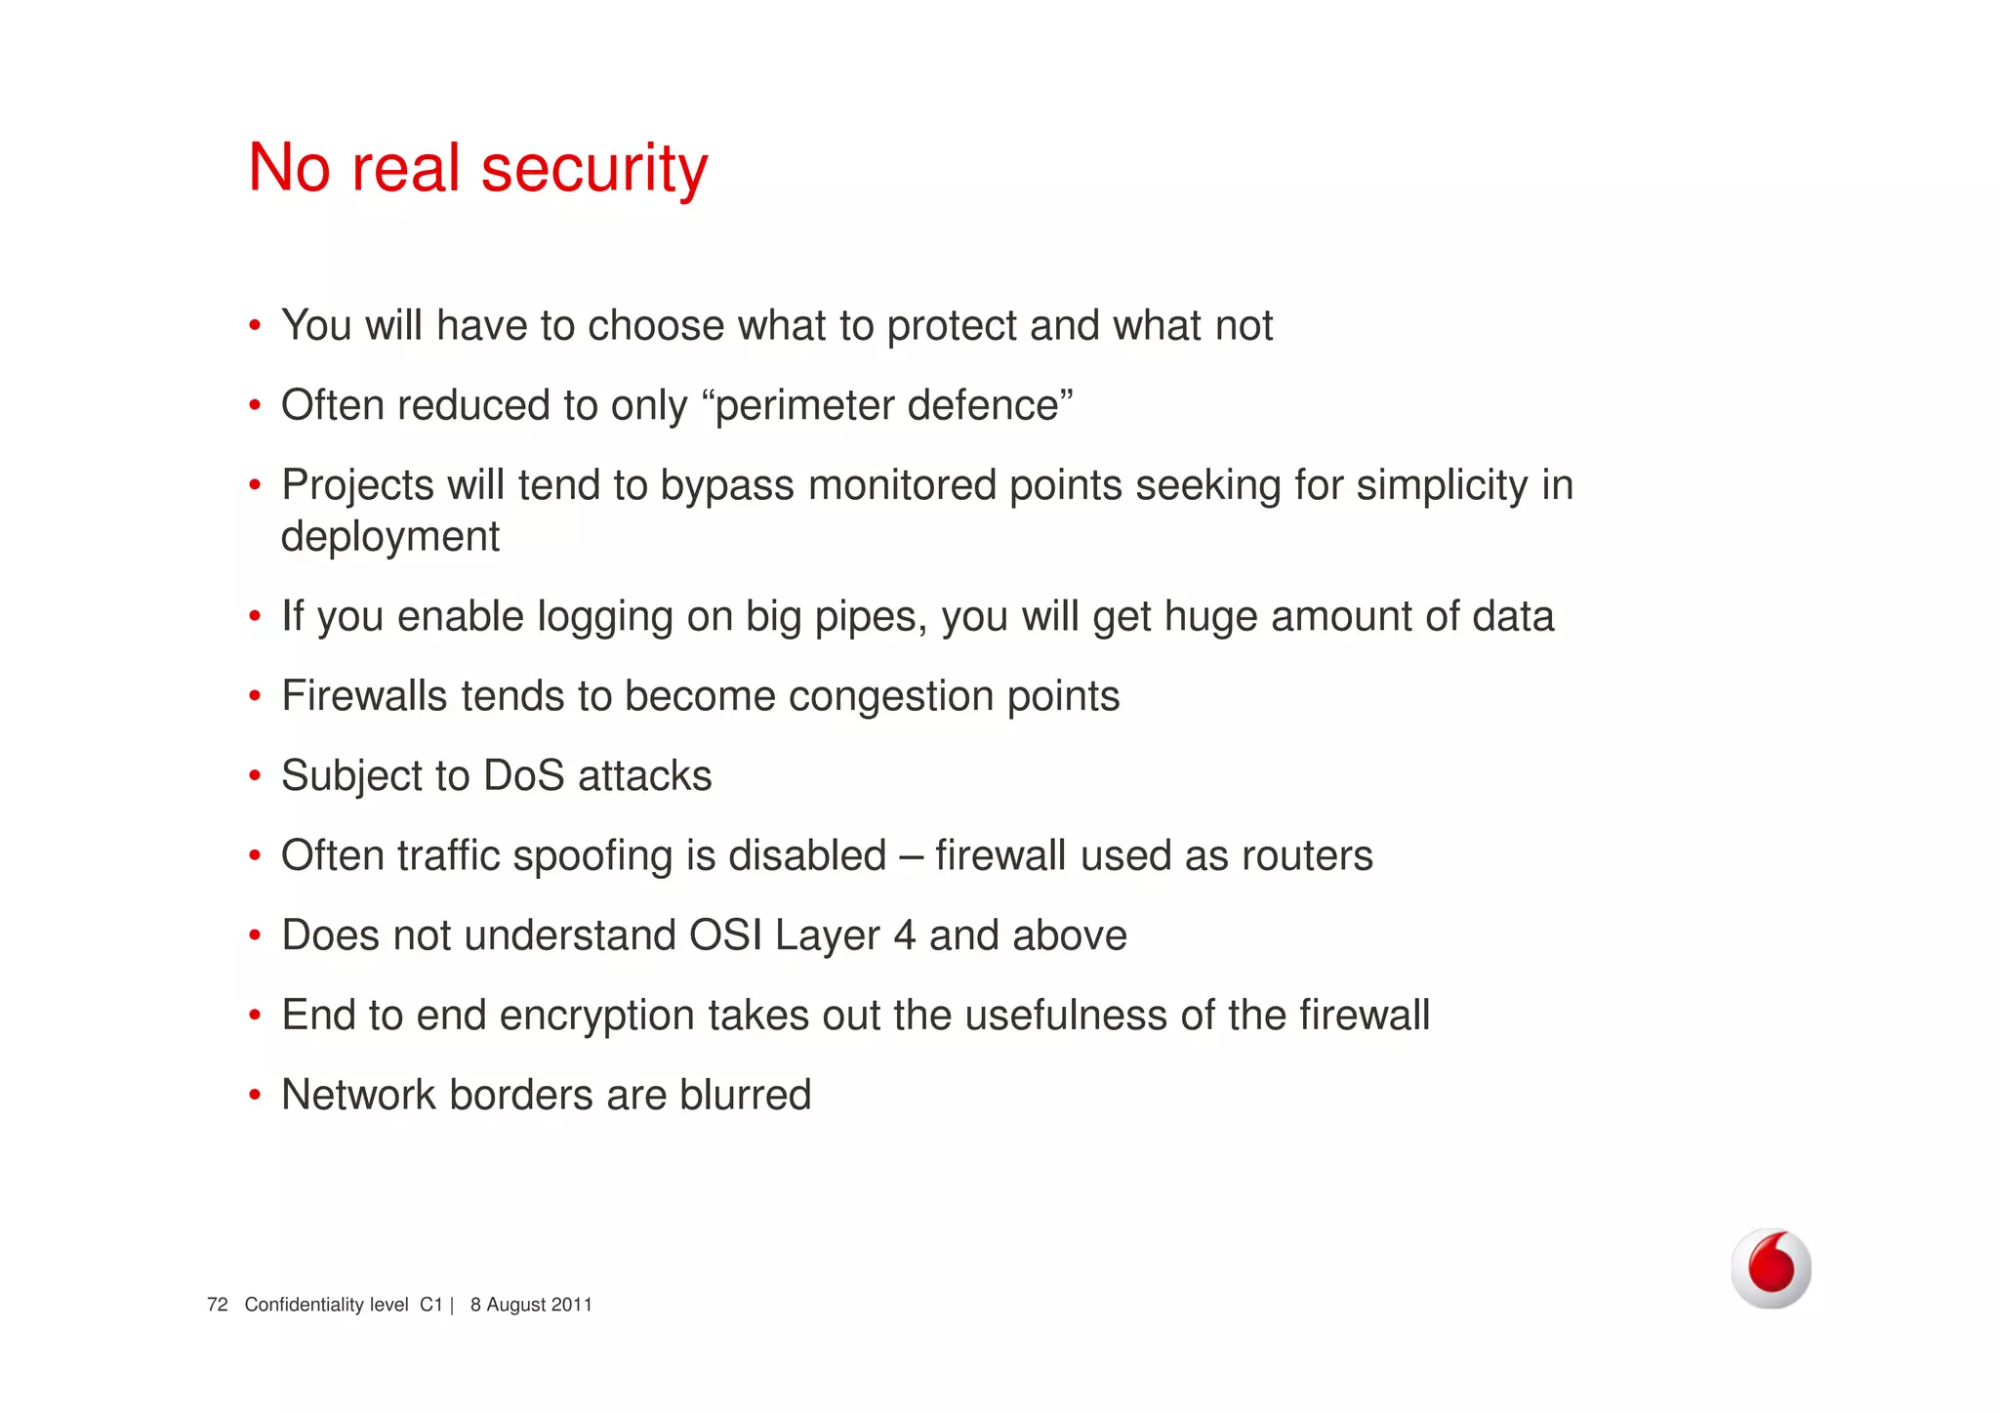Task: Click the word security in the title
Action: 593,169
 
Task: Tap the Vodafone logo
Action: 1771,1268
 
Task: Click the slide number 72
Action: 218,1305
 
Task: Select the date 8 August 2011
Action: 531,1305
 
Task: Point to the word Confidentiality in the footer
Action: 326,1305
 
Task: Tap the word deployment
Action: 390,537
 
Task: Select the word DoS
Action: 524,776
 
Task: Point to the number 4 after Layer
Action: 904,935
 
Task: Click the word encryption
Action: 597,1017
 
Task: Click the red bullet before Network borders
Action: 255,1096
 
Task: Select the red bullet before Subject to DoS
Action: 255,776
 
